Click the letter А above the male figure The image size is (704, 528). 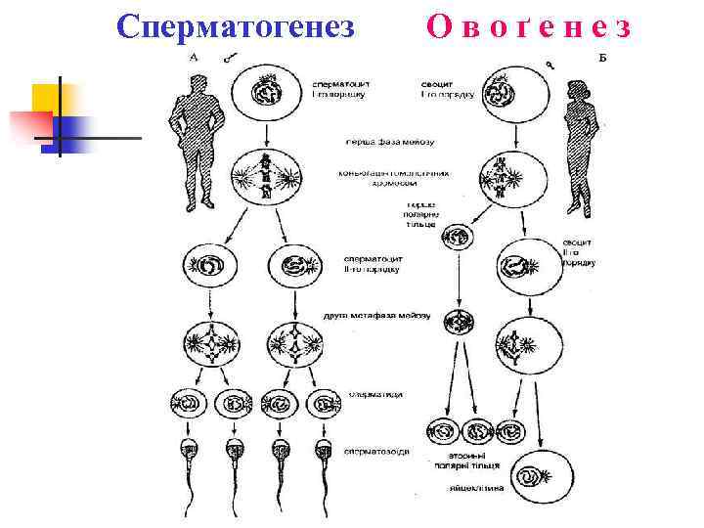click(194, 58)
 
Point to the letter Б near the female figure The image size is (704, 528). click(602, 58)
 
